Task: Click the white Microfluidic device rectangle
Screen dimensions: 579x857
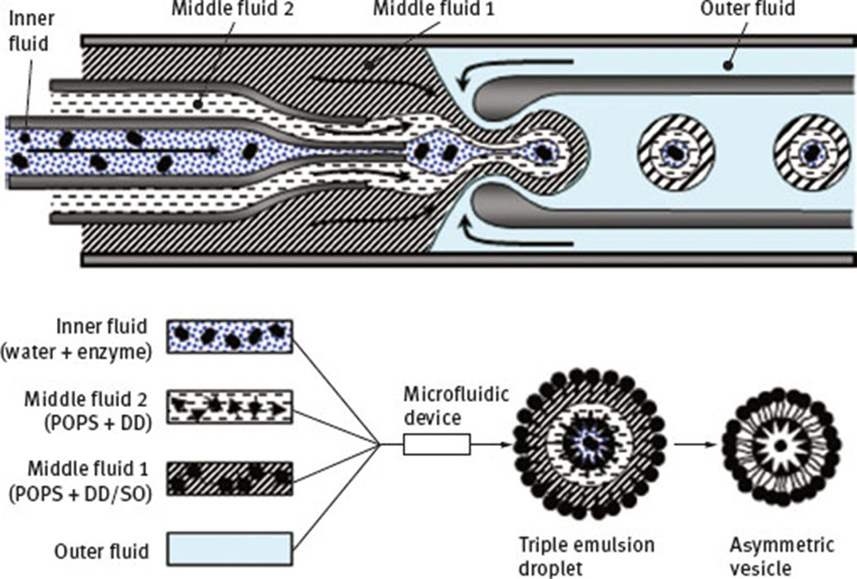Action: [437, 444]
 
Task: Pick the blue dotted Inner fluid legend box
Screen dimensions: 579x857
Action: [229, 336]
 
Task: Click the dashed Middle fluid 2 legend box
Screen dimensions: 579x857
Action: [229, 406]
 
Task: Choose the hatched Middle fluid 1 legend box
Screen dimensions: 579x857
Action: [229, 478]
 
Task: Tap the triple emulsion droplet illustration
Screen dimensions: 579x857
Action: [590, 444]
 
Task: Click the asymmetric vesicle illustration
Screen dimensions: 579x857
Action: [781, 444]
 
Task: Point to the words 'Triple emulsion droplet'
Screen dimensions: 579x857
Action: [586, 554]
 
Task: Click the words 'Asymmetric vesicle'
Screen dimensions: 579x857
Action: [781, 554]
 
